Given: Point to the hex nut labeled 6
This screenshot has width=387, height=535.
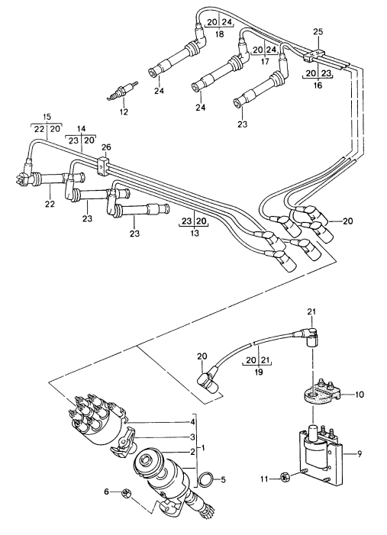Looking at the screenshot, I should click(127, 492).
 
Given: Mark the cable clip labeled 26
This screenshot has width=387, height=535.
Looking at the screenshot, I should click(104, 163).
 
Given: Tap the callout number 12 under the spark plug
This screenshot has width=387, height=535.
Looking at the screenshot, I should click(124, 113).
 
